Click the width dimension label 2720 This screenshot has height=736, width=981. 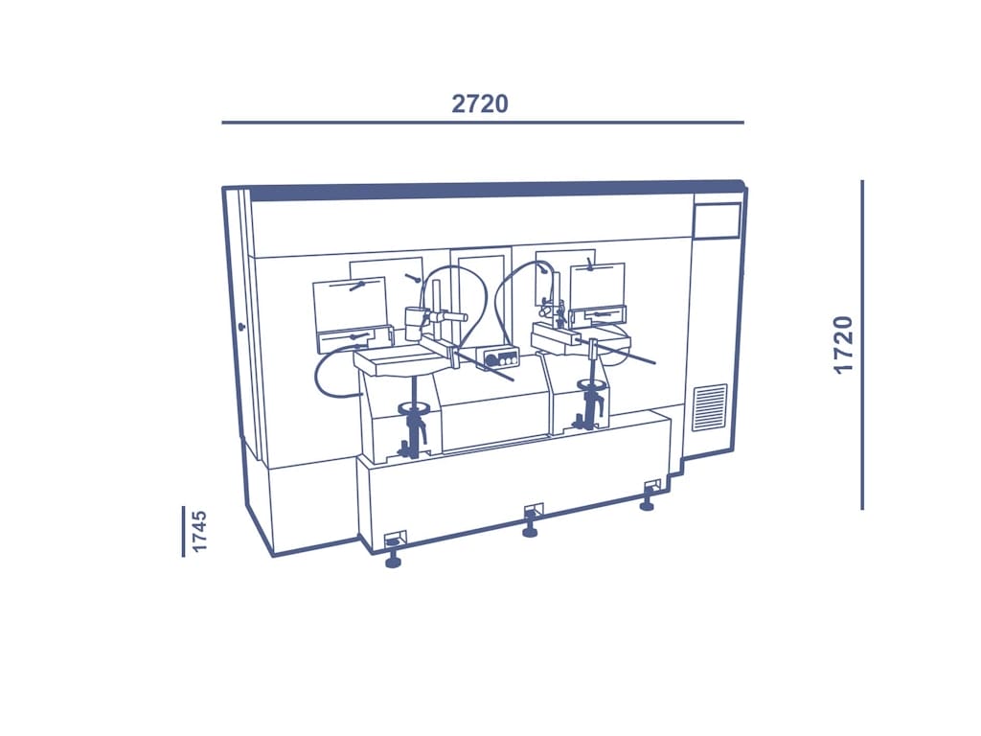point(480,103)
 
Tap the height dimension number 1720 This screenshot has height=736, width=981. point(844,345)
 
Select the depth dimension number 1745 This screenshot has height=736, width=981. point(199,531)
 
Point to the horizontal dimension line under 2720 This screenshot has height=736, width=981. point(483,123)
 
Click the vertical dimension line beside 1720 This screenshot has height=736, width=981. point(862,345)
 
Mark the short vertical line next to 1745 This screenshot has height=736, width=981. point(183,531)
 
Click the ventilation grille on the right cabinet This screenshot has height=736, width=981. point(710,408)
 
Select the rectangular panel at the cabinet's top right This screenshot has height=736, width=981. point(717,220)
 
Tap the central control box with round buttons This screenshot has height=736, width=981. point(498,358)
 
